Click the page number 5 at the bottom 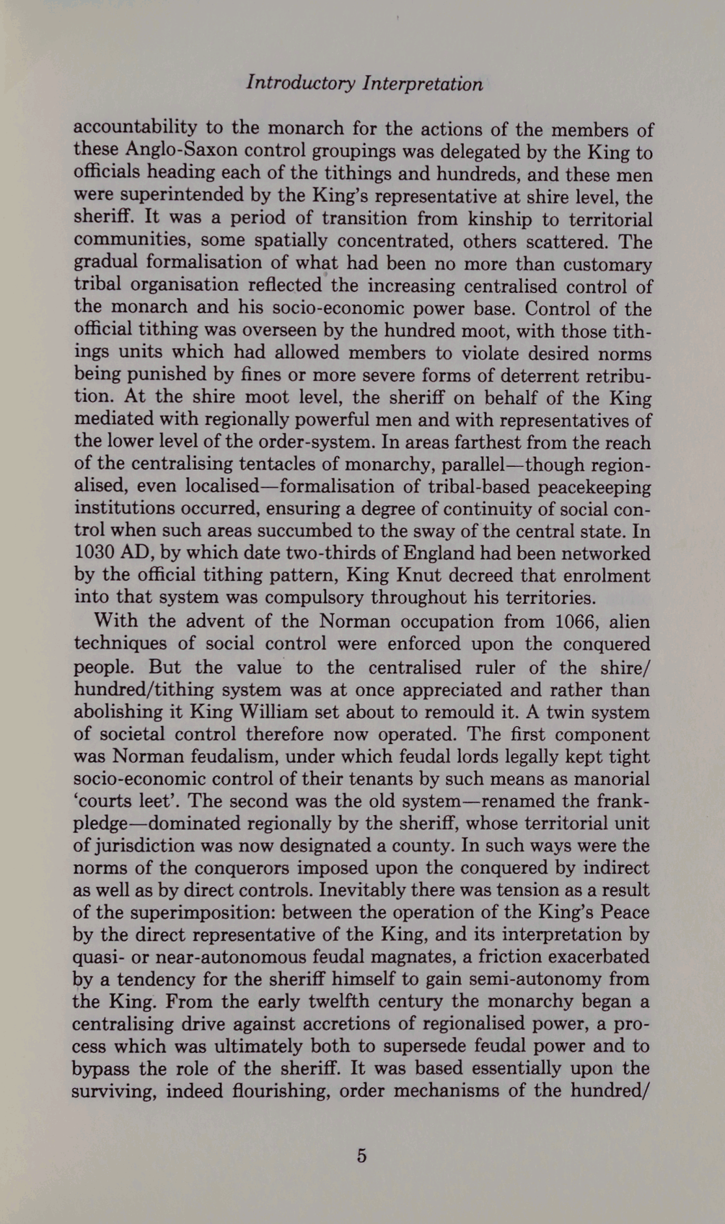(x=362, y=1156)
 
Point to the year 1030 (x=96, y=553)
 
